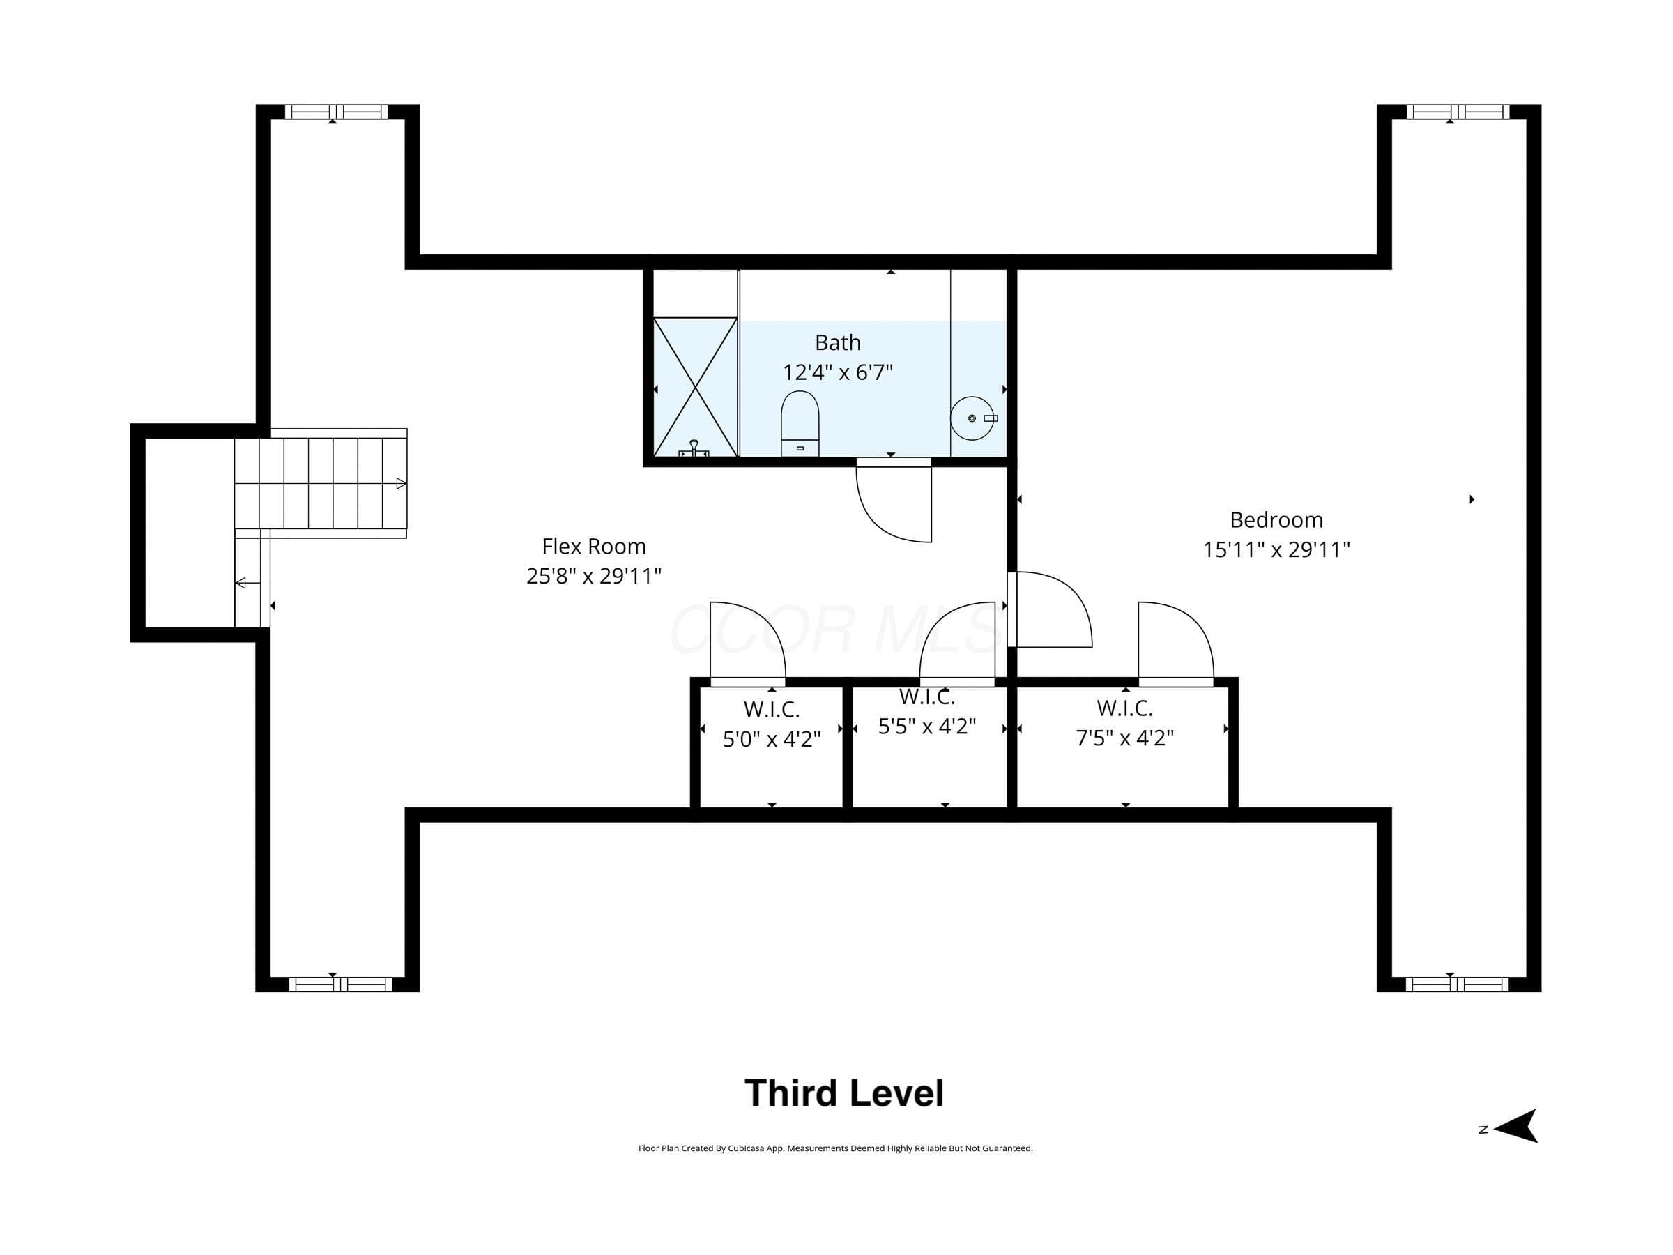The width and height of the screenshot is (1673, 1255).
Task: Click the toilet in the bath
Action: point(800,424)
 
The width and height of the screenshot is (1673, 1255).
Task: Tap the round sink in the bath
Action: point(972,418)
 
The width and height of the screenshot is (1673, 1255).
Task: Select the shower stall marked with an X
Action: point(694,386)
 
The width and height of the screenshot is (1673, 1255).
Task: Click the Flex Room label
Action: point(594,546)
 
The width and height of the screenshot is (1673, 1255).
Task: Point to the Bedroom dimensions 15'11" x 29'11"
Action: point(1276,549)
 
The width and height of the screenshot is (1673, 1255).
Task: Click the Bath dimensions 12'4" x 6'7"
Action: point(838,372)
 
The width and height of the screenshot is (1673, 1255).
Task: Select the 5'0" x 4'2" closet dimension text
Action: point(772,738)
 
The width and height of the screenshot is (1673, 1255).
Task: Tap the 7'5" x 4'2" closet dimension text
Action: point(1124,738)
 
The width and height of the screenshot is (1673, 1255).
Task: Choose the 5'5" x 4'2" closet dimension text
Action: point(927,727)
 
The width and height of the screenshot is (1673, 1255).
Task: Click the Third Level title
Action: point(844,1093)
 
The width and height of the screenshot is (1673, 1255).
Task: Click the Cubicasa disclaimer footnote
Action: point(835,1148)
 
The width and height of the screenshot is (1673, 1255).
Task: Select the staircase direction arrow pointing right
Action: point(402,483)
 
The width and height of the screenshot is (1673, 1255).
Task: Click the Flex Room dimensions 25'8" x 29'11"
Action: point(594,576)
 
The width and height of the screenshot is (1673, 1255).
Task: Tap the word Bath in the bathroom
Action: point(838,343)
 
